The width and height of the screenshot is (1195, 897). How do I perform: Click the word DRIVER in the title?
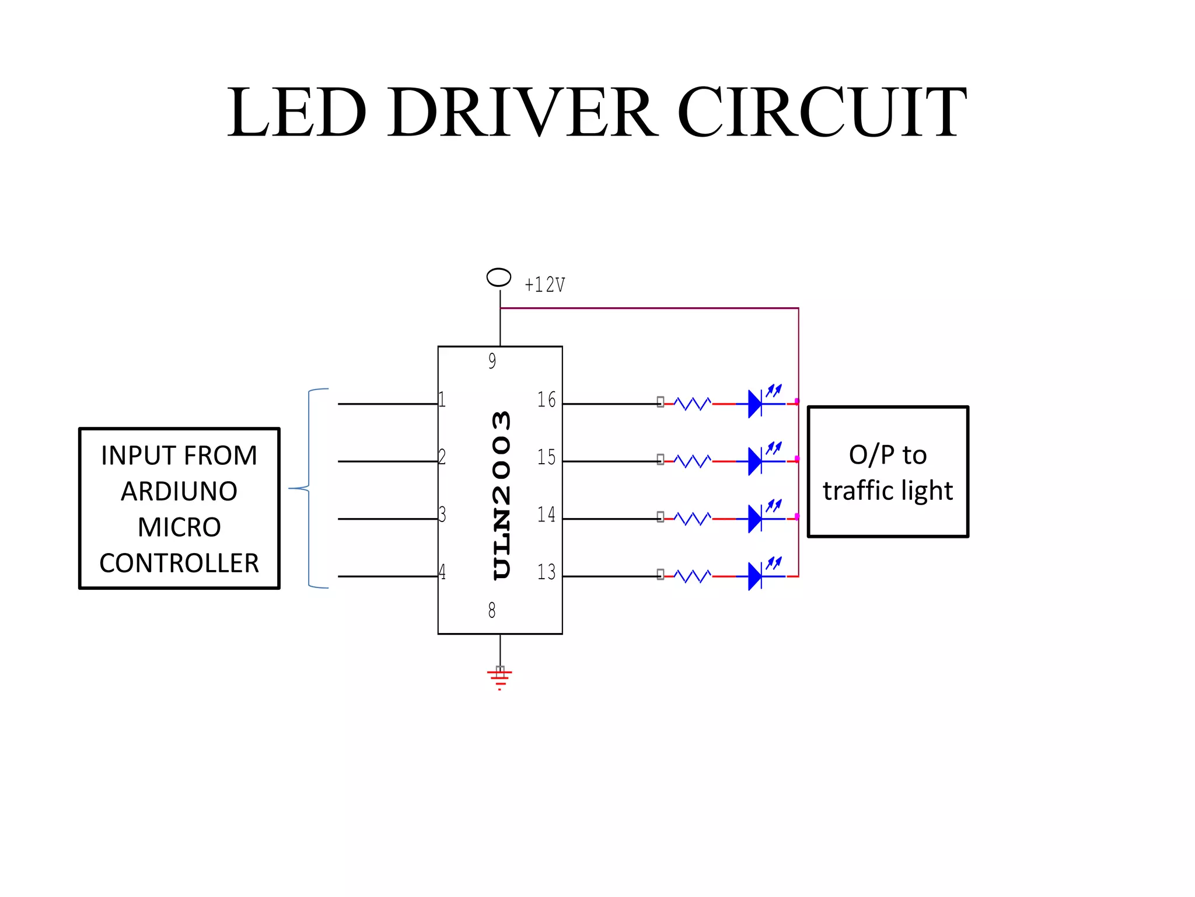pos(523,112)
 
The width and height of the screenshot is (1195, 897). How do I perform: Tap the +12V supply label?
pos(544,285)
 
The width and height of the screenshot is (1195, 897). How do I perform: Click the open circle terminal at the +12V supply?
pos(499,277)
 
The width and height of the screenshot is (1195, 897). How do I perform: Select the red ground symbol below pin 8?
pos(499,677)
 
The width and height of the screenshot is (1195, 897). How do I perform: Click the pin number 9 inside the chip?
pos(492,361)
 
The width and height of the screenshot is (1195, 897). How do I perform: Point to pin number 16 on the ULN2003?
pos(546,400)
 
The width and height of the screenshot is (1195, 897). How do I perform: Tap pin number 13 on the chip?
pos(546,572)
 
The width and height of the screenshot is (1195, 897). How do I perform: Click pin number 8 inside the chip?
pos(492,610)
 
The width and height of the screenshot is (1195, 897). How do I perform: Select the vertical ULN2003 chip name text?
pos(501,495)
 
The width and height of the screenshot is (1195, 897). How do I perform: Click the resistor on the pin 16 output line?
pos(693,404)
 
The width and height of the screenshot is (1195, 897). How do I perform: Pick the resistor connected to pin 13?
pos(693,576)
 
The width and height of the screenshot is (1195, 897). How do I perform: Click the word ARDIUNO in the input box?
pos(179,492)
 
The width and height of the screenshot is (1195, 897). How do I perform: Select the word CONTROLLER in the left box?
pos(179,564)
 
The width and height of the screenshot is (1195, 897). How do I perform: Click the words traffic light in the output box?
pos(887,491)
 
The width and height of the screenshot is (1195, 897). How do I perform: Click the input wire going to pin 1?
pos(387,404)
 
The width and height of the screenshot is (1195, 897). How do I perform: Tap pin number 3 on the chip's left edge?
pos(442,514)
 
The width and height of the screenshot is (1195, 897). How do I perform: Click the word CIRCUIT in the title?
pos(822,112)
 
